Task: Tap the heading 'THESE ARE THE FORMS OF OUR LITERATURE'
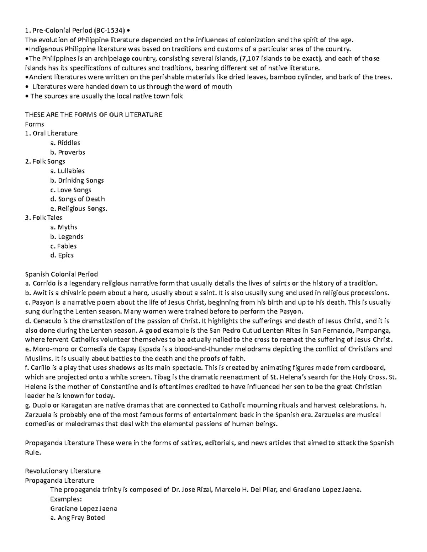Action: [x=94, y=114]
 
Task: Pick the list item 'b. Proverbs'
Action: [x=68, y=152]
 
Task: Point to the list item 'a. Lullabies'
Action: [x=68, y=171]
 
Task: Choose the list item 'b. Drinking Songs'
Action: [x=77, y=180]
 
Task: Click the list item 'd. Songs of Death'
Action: [x=78, y=199]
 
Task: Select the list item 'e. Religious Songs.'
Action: [x=79, y=209]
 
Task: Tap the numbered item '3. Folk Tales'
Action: [x=44, y=218]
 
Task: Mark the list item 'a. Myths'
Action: [x=64, y=227]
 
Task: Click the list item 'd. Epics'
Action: [x=62, y=255]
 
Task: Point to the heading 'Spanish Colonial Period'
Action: [x=61, y=274]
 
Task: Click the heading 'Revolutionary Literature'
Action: [x=63, y=471]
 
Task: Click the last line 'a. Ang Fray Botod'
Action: [x=78, y=518]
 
